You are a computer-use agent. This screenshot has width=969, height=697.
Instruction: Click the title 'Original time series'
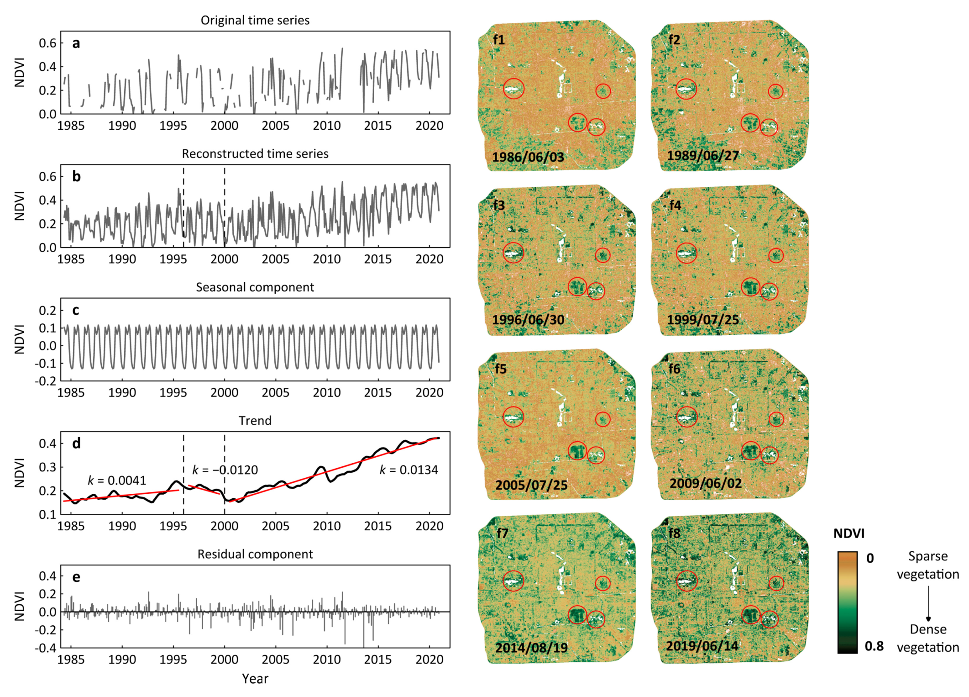pyautogui.click(x=255, y=20)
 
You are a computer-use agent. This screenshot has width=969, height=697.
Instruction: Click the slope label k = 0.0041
pyautogui.click(x=117, y=481)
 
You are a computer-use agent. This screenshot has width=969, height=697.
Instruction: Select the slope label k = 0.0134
pyautogui.click(x=409, y=470)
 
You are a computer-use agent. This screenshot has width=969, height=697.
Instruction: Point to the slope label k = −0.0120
pyautogui.click(x=225, y=470)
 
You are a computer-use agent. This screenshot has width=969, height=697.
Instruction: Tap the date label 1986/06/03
pyautogui.click(x=528, y=157)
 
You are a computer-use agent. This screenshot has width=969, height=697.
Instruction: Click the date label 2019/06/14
pyautogui.click(x=702, y=646)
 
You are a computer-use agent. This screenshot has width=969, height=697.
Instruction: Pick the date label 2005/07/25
pyautogui.click(x=531, y=485)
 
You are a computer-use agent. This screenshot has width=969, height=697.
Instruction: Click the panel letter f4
pyautogui.click(x=675, y=205)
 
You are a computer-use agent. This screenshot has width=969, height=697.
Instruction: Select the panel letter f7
pyautogui.click(x=502, y=533)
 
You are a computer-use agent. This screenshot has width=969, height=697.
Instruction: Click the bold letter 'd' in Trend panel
pyautogui.click(x=76, y=444)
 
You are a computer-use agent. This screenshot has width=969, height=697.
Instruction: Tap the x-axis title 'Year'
pyautogui.click(x=255, y=679)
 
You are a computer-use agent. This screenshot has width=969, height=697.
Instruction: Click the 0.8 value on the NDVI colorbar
pyautogui.click(x=874, y=646)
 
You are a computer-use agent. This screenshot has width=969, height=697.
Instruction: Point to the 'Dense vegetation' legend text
pyautogui.click(x=927, y=638)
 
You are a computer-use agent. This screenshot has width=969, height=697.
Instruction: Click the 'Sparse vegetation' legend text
pyautogui.click(x=927, y=565)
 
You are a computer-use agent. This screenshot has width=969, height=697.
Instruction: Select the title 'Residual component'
pyautogui.click(x=255, y=554)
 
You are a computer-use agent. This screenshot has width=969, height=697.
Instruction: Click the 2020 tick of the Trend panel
pyautogui.click(x=429, y=526)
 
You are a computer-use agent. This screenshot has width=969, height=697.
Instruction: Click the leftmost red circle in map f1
pyautogui.click(x=513, y=89)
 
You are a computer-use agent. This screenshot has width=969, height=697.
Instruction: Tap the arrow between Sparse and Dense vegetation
pyautogui.click(x=928, y=603)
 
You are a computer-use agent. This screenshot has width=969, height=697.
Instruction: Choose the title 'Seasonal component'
pyautogui.click(x=255, y=287)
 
